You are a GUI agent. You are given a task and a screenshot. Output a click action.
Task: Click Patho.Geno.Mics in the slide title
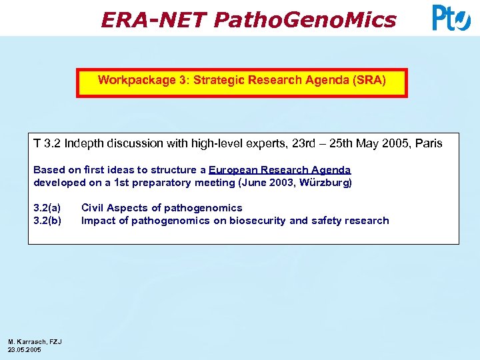(x=305, y=20)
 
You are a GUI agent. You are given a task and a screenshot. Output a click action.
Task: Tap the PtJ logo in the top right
(x=451, y=18)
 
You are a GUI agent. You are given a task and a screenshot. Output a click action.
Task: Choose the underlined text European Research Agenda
(x=279, y=170)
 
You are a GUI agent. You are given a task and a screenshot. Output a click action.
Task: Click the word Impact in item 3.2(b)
(x=98, y=221)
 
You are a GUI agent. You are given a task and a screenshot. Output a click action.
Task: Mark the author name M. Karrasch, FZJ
(x=35, y=341)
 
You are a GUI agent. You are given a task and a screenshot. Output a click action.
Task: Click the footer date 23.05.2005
(x=24, y=349)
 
